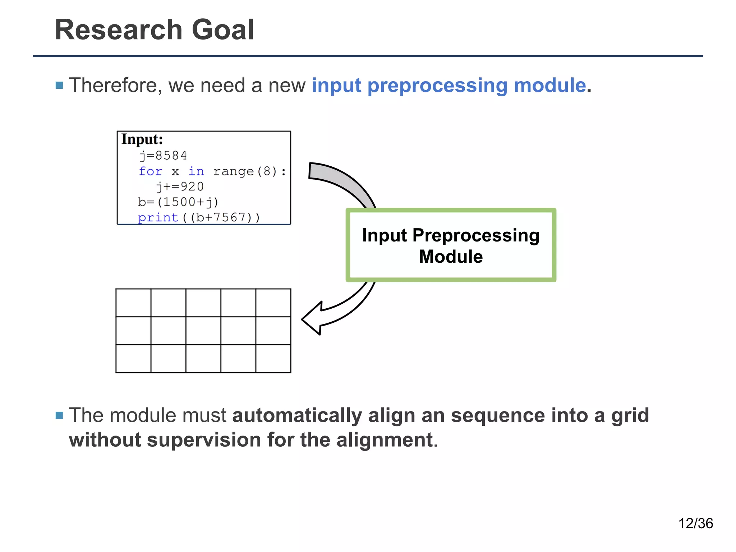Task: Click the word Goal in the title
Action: [223, 30]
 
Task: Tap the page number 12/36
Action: [695, 523]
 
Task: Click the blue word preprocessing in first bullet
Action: [438, 86]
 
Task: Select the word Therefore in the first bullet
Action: [113, 86]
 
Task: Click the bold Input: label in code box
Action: [142, 139]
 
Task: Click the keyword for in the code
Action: [151, 171]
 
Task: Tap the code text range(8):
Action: [249, 171]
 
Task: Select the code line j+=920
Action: [180, 187]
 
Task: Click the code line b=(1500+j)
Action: [178, 202]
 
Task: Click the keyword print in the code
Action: [158, 217]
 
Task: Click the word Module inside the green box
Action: [451, 257]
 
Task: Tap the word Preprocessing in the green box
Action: [476, 236]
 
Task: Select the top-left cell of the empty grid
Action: [133, 303]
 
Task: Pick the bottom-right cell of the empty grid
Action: [273, 359]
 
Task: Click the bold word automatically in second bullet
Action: [297, 415]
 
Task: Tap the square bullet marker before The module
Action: [59, 416]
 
